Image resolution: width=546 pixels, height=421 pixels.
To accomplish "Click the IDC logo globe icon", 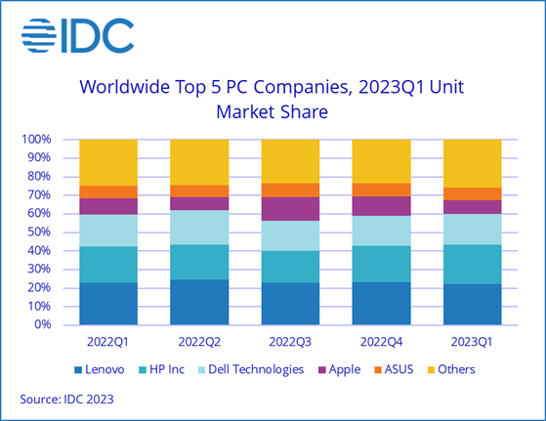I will click(x=39, y=35).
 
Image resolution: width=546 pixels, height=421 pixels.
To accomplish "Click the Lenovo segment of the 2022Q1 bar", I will click(x=108, y=303).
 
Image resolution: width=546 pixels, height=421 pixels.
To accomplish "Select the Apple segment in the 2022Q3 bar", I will click(x=290, y=208).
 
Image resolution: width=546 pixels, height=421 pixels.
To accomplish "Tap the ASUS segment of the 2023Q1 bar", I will click(x=472, y=193).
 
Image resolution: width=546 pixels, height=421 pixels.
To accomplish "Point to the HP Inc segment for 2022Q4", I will click(x=381, y=264).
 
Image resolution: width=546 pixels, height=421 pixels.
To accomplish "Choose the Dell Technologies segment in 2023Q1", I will click(x=472, y=229).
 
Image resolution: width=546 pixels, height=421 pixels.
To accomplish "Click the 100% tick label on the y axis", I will click(x=36, y=140).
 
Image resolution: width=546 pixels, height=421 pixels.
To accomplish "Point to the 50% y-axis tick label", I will click(x=39, y=232).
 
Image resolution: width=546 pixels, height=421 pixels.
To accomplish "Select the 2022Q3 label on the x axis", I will click(x=290, y=343).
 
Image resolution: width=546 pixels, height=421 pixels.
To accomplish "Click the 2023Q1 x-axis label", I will click(x=472, y=343).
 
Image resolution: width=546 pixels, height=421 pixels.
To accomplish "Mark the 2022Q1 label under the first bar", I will click(x=108, y=343).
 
